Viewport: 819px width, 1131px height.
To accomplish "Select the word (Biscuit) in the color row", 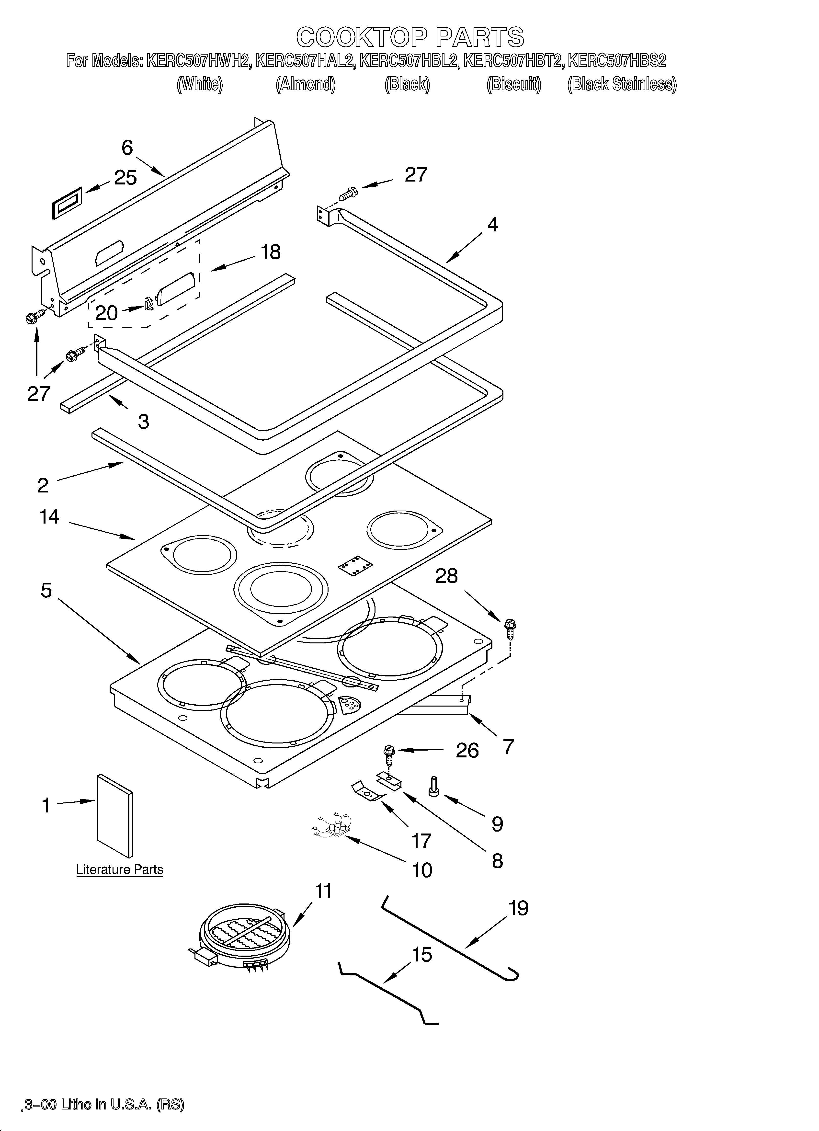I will (x=514, y=84).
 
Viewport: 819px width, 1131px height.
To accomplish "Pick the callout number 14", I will (x=49, y=517).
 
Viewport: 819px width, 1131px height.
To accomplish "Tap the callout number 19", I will (x=518, y=908).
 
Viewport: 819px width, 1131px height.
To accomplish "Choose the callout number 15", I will (x=422, y=954).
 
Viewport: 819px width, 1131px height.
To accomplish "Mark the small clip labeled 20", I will (x=148, y=303).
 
